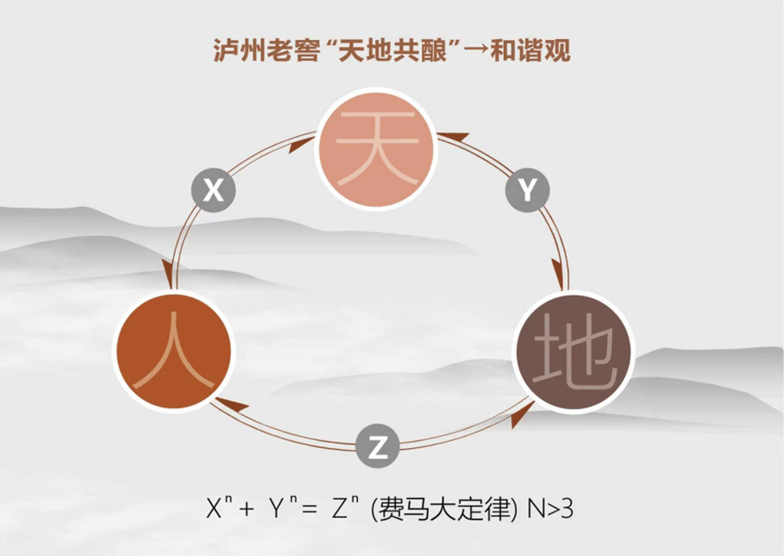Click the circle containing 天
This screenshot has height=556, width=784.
click(x=376, y=149)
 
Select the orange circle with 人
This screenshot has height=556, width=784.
click(x=173, y=351)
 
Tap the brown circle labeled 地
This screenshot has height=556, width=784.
click(x=574, y=352)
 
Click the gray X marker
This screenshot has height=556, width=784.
click(x=214, y=190)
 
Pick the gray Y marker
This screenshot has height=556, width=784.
click(x=528, y=190)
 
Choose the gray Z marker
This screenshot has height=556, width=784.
click(x=378, y=446)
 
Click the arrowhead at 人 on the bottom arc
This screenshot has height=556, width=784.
click(x=231, y=405)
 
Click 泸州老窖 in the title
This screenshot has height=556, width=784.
click(x=266, y=50)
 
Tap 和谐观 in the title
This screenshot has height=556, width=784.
click(x=530, y=50)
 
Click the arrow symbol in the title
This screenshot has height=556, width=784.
click(x=476, y=51)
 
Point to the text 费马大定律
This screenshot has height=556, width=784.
click(x=443, y=510)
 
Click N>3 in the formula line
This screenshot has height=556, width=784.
click(x=549, y=510)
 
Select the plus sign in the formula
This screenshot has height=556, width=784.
click(x=247, y=510)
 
